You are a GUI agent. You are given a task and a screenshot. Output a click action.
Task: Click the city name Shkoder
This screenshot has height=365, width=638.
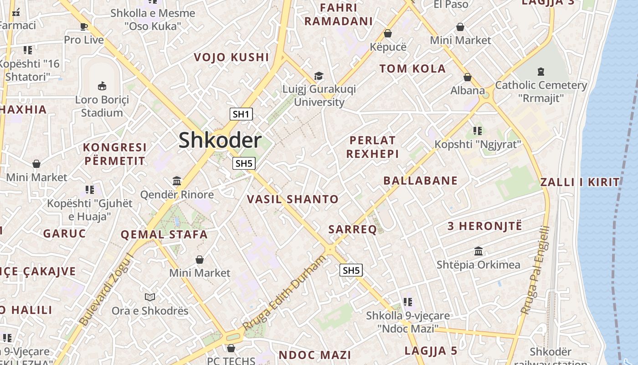click(x=220, y=140)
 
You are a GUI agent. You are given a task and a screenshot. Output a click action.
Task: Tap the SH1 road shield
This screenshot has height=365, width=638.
click(x=241, y=114)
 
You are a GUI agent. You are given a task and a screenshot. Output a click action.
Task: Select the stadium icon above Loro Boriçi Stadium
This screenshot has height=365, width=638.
click(x=102, y=86)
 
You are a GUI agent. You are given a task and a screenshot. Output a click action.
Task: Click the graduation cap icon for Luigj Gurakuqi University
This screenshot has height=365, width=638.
click(x=319, y=75)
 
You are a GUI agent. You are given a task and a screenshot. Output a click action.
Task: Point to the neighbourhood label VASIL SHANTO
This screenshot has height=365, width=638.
click(x=293, y=199)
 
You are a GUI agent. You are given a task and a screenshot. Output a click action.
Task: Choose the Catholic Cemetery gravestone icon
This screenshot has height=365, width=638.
click(x=540, y=71)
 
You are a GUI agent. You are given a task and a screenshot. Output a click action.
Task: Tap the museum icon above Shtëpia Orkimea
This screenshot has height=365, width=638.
click(x=478, y=251)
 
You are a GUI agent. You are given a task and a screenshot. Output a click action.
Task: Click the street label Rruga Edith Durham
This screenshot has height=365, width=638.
click(x=285, y=293)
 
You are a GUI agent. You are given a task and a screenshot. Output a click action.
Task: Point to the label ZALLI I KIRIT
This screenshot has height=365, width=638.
click(x=580, y=182)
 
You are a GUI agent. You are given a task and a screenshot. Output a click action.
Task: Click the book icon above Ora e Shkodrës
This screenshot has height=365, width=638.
click(x=150, y=297)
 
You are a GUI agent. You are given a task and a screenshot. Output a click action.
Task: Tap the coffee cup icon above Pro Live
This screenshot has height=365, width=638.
click(x=84, y=26)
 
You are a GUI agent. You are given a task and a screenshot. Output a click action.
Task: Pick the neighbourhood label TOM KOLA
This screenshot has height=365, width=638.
click(x=412, y=69)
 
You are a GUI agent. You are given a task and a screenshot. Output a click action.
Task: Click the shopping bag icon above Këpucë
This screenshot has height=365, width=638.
click(x=388, y=33)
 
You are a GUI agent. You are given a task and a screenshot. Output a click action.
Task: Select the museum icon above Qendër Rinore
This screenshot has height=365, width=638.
click(x=177, y=181)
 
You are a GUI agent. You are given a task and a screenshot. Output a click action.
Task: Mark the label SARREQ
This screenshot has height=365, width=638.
click(x=353, y=229)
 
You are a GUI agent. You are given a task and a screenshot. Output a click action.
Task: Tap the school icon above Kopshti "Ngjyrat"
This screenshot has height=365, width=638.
click(x=477, y=131)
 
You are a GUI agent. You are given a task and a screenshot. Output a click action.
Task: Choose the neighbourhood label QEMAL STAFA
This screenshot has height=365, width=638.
click(x=164, y=235)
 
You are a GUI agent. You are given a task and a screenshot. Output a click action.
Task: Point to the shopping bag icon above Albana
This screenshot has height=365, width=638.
click(x=467, y=77)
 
